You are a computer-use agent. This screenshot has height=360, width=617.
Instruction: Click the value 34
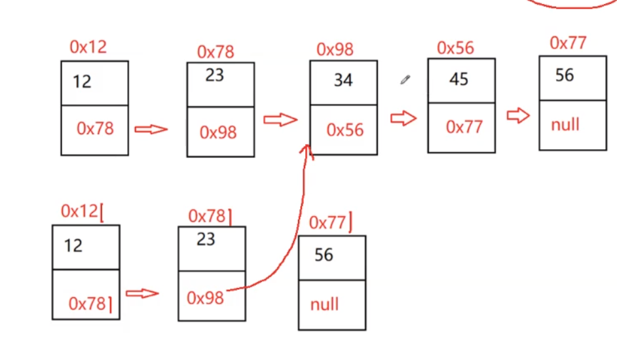(x=343, y=81)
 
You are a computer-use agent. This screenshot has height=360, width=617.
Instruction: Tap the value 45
(x=458, y=79)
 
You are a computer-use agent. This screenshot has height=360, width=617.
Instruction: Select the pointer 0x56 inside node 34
(x=345, y=130)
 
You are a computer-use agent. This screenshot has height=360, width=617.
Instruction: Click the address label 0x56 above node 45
(x=455, y=48)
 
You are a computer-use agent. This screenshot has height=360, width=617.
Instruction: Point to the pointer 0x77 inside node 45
(x=464, y=127)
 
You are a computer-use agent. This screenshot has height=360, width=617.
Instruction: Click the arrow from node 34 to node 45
(x=403, y=118)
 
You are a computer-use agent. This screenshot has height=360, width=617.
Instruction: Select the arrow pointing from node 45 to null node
(x=518, y=116)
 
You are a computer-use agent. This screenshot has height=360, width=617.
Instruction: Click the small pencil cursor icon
(x=405, y=80)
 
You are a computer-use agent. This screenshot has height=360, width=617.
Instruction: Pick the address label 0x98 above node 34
(x=335, y=49)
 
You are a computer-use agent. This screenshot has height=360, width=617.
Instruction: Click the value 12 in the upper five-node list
(x=82, y=82)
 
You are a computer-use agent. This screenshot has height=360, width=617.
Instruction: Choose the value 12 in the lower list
(x=73, y=245)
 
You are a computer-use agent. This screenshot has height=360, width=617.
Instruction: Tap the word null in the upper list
(x=565, y=124)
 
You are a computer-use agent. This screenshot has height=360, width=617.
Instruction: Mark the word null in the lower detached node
(x=324, y=304)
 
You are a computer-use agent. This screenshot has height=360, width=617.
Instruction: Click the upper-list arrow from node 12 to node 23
(x=151, y=130)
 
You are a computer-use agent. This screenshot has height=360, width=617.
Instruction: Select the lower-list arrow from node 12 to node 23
(x=142, y=293)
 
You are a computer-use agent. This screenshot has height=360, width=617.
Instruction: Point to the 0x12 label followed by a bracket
(x=83, y=211)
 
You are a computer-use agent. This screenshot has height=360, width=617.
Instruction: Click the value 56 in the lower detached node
(x=324, y=255)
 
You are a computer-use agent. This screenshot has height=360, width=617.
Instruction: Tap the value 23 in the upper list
(x=214, y=75)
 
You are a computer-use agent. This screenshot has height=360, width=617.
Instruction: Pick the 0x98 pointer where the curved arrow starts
(x=205, y=298)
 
